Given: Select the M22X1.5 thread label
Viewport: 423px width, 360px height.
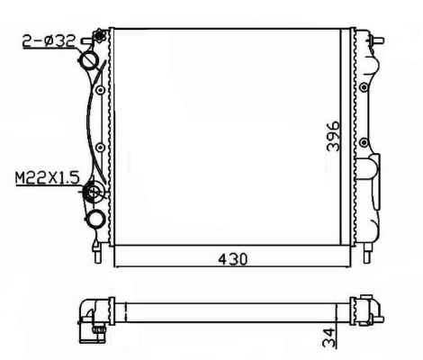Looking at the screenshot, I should pos(44,180).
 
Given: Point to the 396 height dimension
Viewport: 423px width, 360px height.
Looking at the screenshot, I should pos(332,135).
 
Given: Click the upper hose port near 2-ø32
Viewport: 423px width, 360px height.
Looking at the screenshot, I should pos(92,61).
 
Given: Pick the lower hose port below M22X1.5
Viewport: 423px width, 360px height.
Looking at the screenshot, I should pos(94,220).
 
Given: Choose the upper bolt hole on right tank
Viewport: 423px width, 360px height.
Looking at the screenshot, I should pos(363,88).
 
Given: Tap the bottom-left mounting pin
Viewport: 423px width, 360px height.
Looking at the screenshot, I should pos(94,251).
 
